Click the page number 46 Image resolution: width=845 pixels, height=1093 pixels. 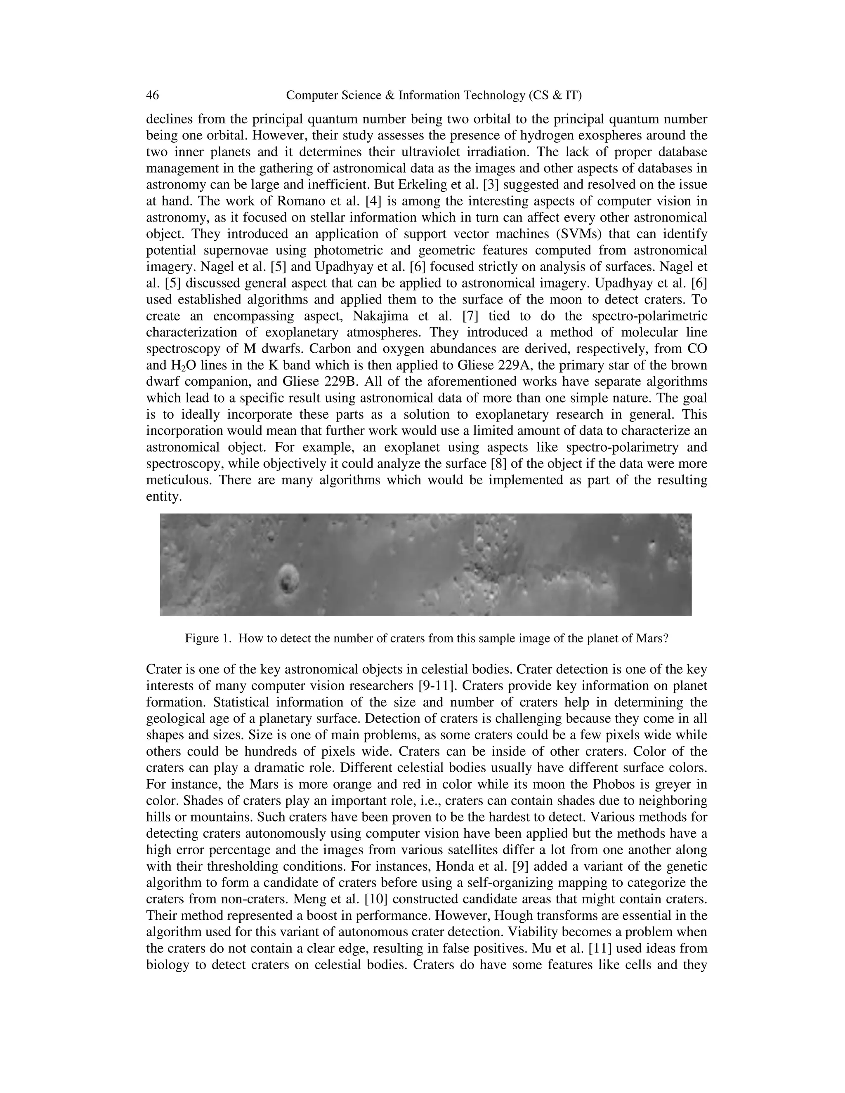pos(152,95)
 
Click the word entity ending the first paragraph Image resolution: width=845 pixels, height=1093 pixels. pos(162,497)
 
